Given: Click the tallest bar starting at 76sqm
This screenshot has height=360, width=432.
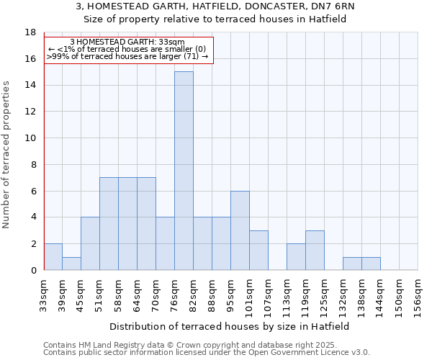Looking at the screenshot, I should (184, 171).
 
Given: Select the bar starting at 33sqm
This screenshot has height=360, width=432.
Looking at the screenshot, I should (53, 257).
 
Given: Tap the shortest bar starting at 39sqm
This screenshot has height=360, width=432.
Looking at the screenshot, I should (71, 264).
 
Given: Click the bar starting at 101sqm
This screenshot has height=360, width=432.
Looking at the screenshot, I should (258, 250).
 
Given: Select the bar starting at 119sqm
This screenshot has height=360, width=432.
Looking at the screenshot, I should (315, 250).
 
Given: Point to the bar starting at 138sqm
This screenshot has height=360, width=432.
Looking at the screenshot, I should (371, 264).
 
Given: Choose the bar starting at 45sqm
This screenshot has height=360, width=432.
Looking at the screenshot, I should (90, 243).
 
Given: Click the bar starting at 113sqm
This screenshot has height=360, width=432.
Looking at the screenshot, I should (296, 257).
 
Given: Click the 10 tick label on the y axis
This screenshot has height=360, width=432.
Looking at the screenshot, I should (30, 138).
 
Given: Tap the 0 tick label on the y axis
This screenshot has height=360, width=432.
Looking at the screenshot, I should (33, 270).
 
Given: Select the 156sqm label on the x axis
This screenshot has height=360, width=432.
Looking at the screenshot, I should (418, 294).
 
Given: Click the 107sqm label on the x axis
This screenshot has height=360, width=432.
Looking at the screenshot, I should (268, 294).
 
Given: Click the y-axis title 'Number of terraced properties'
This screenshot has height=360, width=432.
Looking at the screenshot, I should (6, 154).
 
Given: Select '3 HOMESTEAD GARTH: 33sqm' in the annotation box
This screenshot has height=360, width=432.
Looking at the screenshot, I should (127, 42).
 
